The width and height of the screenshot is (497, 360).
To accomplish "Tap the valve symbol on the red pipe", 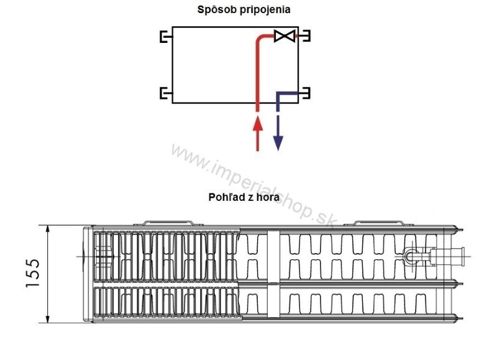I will (x=284, y=36).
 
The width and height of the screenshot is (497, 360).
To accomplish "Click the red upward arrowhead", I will (x=258, y=124).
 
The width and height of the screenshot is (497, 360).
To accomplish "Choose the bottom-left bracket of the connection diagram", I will (x=165, y=94).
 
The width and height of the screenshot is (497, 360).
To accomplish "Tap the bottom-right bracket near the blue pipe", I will (x=306, y=94).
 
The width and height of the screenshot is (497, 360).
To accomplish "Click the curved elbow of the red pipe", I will (x=261, y=40).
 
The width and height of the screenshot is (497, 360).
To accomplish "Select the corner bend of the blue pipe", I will (x=279, y=95).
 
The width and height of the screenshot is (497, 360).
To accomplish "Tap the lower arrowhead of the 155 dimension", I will (x=48, y=318).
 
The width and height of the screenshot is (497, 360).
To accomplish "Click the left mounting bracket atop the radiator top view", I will (x=169, y=222).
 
